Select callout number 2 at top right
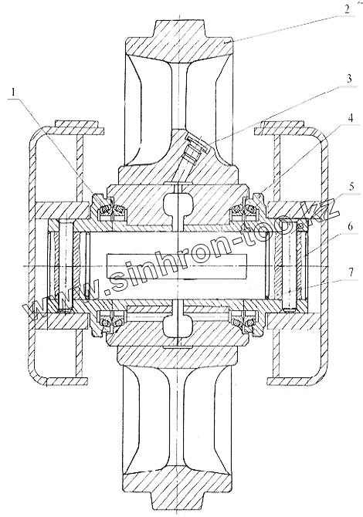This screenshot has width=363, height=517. click(347, 8)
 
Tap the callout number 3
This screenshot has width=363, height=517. click(349, 79)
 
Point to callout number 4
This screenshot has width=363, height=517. click(351, 118)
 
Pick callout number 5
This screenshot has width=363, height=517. click(351, 186)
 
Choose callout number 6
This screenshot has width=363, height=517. click(350, 227)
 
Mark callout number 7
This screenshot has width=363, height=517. click(351, 272)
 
